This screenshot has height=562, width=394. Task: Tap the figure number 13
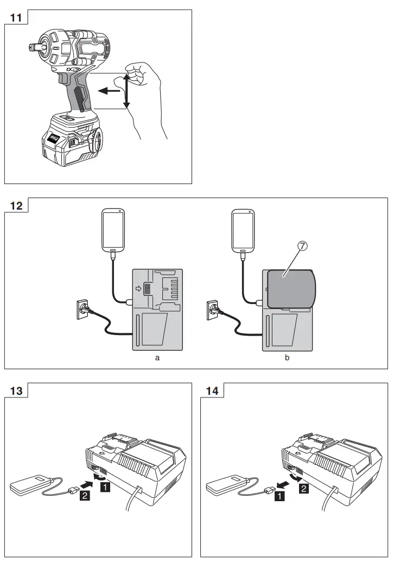16,390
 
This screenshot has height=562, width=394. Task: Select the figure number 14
212,390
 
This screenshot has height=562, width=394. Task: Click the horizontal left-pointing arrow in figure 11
111,91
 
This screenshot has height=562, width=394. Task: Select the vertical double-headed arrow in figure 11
126,91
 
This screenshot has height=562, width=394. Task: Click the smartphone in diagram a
113,229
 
